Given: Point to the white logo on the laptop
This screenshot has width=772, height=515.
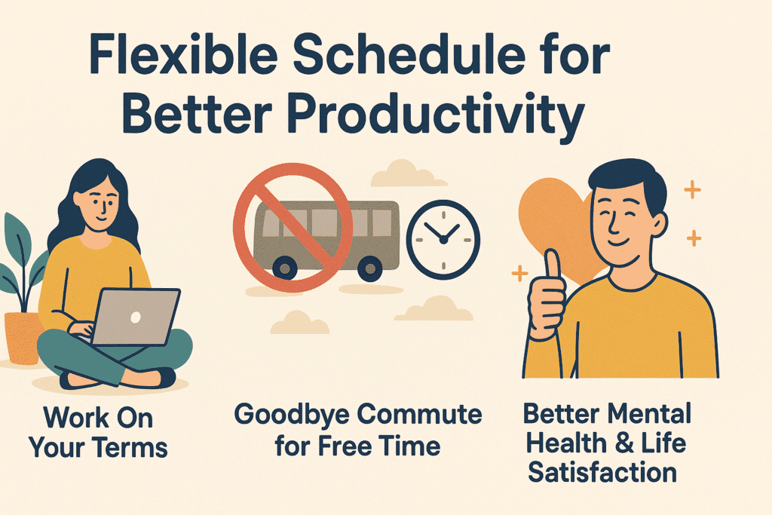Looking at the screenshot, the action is tap(136, 317).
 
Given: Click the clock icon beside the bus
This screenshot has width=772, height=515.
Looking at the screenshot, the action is tap(443, 240).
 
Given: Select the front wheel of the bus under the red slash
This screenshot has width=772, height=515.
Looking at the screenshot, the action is tap(284, 268).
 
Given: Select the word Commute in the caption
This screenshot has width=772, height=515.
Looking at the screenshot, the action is tap(419, 415).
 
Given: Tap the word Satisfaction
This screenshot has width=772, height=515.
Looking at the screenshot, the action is tap(602, 472).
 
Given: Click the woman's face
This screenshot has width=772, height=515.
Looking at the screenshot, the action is tap(101, 204).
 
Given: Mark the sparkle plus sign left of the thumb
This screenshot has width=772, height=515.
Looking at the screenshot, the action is tap(520, 273).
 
